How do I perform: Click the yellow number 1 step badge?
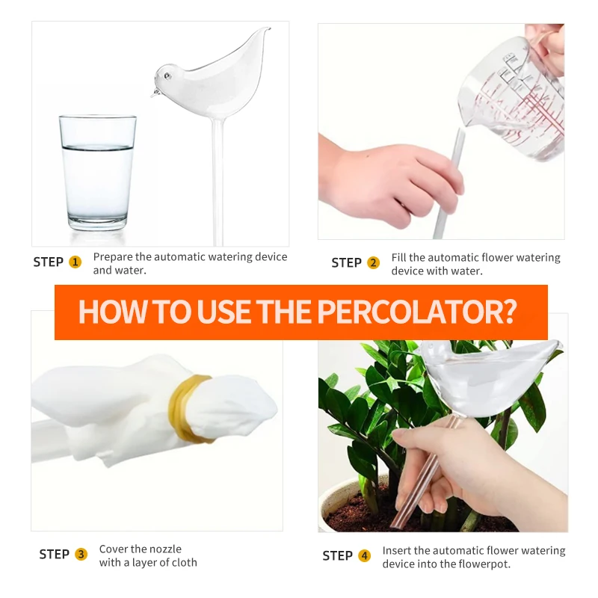pyautogui.click(x=75, y=262)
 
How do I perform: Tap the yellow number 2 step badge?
pyautogui.click(x=374, y=263)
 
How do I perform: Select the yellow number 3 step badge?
pyautogui.click(x=81, y=555)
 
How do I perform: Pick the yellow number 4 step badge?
pyautogui.click(x=365, y=556)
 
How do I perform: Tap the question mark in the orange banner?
pyautogui.click(x=510, y=312)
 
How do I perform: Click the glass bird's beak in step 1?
pyautogui.click(x=152, y=93)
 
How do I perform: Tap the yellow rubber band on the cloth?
pyautogui.click(x=192, y=409)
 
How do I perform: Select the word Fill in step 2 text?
pyautogui.click(x=401, y=258)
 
